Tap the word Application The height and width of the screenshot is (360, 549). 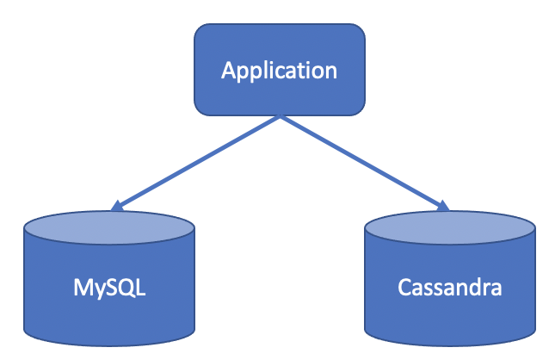click(279, 70)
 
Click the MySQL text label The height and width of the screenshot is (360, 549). click(109, 286)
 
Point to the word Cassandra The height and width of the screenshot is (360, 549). click(450, 286)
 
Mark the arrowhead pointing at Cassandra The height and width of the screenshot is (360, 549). click(442, 206)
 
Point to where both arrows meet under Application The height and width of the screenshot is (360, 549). click(280, 116)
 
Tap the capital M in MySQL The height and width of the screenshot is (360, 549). click(81, 286)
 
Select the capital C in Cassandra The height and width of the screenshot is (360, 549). click(404, 286)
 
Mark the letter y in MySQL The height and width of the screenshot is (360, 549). click(97, 289)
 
